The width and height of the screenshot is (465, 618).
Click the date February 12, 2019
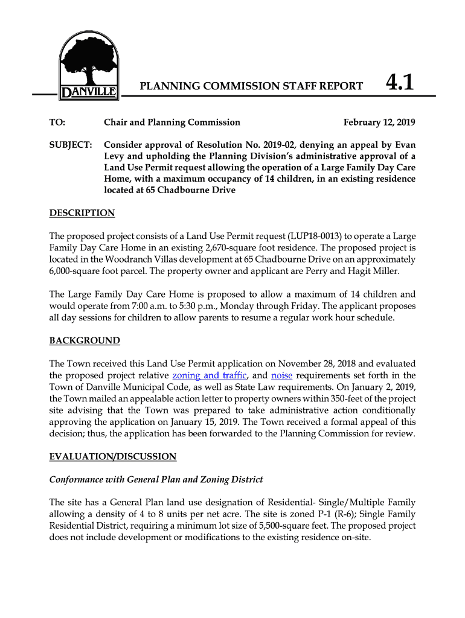click(x=379, y=123)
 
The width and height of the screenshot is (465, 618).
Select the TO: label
click(x=57, y=123)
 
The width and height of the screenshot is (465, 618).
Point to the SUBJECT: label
click(x=71, y=145)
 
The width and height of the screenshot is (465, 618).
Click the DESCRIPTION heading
click(x=82, y=213)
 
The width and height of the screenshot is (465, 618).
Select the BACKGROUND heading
click(x=84, y=340)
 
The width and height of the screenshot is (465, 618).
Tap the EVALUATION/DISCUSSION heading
click(x=112, y=456)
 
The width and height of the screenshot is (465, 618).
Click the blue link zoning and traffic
click(x=210, y=375)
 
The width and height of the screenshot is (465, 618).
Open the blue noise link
click(x=283, y=375)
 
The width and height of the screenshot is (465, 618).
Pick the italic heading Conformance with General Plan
click(x=156, y=480)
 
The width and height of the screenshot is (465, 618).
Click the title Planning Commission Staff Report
click(x=251, y=86)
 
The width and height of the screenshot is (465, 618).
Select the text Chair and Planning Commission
click(x=172, y=123)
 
